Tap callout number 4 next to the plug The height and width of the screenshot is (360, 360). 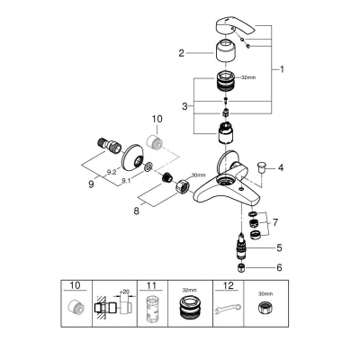281,167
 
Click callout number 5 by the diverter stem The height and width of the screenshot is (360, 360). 280,247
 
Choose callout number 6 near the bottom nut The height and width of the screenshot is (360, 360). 280,267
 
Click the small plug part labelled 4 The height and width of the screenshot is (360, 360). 262,166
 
